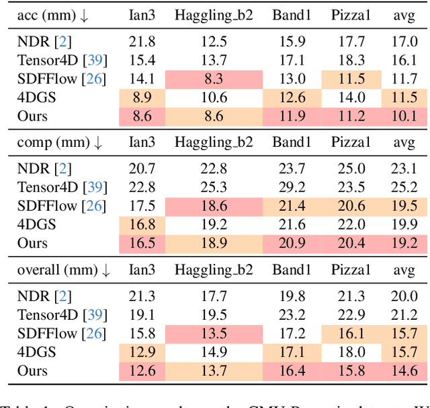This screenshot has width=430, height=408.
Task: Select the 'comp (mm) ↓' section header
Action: coord(60,143)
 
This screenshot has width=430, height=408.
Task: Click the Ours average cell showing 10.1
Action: coord(403,116)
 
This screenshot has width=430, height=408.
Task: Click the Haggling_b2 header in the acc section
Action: coord(214,14)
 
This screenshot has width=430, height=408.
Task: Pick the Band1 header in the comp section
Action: coord(288,143)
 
